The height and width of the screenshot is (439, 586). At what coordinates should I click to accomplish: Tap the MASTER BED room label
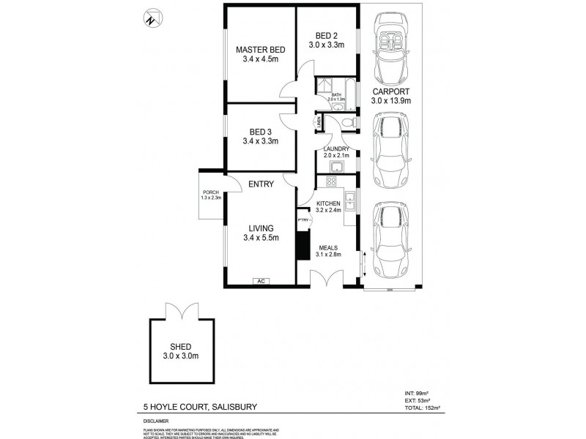(260, 50)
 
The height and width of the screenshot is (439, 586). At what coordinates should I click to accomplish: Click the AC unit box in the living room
(260, 280)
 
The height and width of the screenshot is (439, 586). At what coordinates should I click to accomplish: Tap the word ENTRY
(261, 184)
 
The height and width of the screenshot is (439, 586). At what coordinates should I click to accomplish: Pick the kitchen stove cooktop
(332, 183)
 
